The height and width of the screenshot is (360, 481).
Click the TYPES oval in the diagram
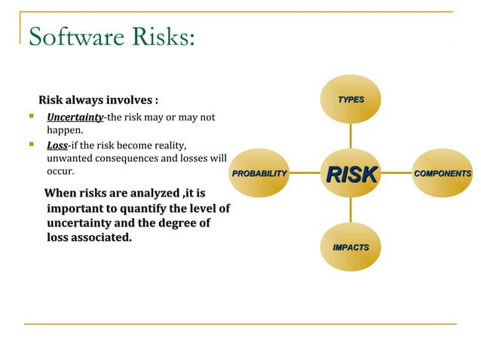click(351, 99)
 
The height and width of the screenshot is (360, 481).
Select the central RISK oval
click(351, 174)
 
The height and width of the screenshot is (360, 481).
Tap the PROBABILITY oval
click(260, 174)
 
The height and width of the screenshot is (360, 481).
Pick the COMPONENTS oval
click(443, 174)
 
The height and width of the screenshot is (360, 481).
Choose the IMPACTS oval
click(351, 247)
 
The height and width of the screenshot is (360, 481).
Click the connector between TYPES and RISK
click(351, 136)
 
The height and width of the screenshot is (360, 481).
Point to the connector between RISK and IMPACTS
click(351, 211)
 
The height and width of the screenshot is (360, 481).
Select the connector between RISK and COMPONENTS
click(396, 174)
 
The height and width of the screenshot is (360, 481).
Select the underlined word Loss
click(57, 145)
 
